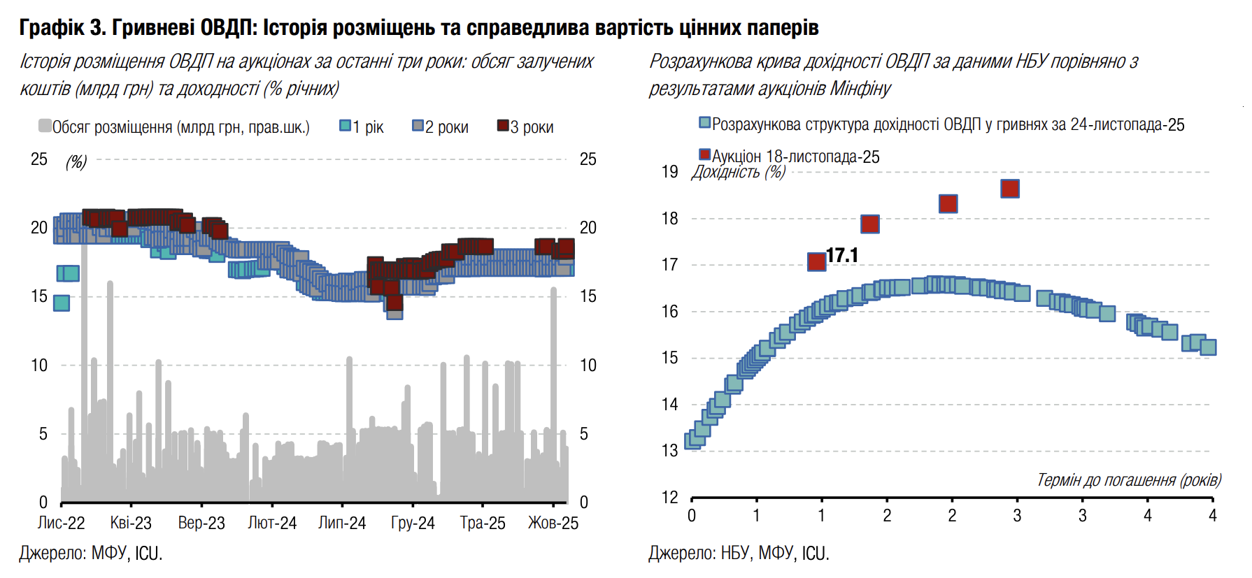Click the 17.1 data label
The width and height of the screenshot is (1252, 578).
[x=842, y=256]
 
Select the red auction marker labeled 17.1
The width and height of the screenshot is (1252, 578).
[x=816, y=261]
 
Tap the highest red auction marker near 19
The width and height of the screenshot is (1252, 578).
[x=1009, y=189]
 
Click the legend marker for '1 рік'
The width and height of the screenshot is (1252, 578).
[x=345, y=126]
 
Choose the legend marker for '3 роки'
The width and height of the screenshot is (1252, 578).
[x=502, y=126]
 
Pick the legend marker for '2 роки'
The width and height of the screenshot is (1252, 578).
[x=418, y=126]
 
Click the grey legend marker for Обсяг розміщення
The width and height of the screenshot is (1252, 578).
[x=45, y=126]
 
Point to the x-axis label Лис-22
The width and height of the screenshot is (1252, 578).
[x=61, y=523]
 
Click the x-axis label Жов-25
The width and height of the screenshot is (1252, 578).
[x=553, y=523]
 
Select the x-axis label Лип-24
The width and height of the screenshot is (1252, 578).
[x=342, y=523]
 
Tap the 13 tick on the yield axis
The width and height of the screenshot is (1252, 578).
[x=669, y=451]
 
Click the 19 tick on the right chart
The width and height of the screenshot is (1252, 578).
[x=669, y=172]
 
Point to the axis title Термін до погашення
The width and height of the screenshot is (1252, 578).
[x=1128, y=480]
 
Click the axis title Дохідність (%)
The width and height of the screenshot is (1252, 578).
[x=738, y=172]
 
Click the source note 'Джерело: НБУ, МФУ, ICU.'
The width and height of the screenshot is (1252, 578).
[x=739, y=554]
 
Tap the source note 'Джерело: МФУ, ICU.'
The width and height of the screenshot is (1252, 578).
[x=91, y=554]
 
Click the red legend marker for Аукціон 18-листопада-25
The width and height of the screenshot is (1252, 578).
[x=704, y=154]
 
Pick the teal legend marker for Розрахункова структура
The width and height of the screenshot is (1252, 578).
[x=704, y=123]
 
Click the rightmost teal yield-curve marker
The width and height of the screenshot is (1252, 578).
[x=1208, y=347]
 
